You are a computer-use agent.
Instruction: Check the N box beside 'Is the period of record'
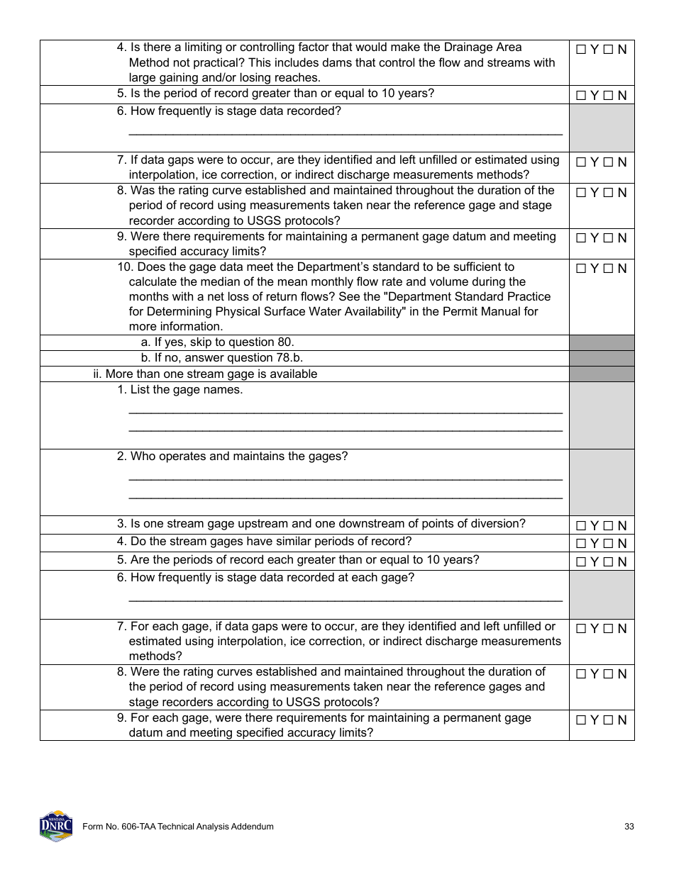[x=607, y=96]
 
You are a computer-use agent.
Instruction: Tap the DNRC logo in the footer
[x=56, y=826]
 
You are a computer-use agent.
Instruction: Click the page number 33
[x=629, y=827]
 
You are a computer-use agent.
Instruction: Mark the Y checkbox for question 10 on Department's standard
[x=581, y=269]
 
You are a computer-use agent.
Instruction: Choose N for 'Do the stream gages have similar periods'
[x=607, y=544]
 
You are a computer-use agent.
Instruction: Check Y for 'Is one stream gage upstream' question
[x=581, y=526]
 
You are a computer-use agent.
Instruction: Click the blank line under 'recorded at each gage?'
[x=345, y=600]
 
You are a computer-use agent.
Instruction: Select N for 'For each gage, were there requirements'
[x=607, y=720]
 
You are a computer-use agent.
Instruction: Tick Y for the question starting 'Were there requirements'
[x=581, y=238]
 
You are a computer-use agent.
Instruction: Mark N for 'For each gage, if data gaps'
[x=607, y=629]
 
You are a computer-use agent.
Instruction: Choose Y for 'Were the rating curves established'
[x=581, y=674]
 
